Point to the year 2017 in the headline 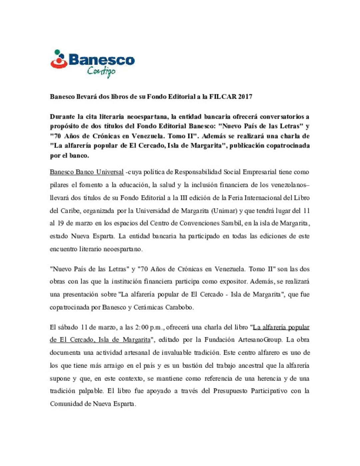245,97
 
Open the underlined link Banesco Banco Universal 87,172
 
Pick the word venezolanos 287,185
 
